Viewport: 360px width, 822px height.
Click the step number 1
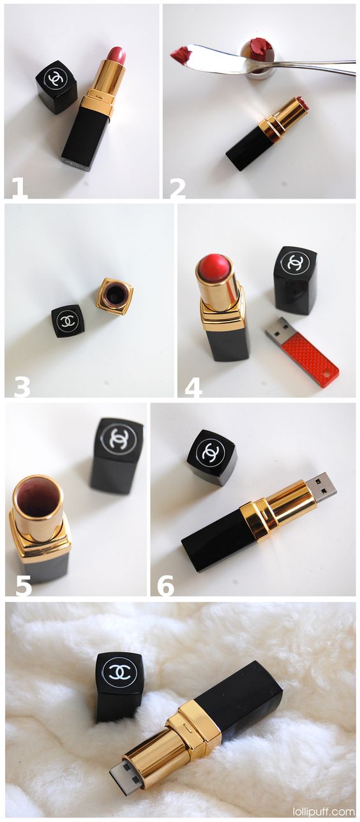coord(19,188)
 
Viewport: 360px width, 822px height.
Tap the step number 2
coord(177,188)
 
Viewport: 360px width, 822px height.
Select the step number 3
coord(22,386)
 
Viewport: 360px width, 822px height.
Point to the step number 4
coord(193,386)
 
